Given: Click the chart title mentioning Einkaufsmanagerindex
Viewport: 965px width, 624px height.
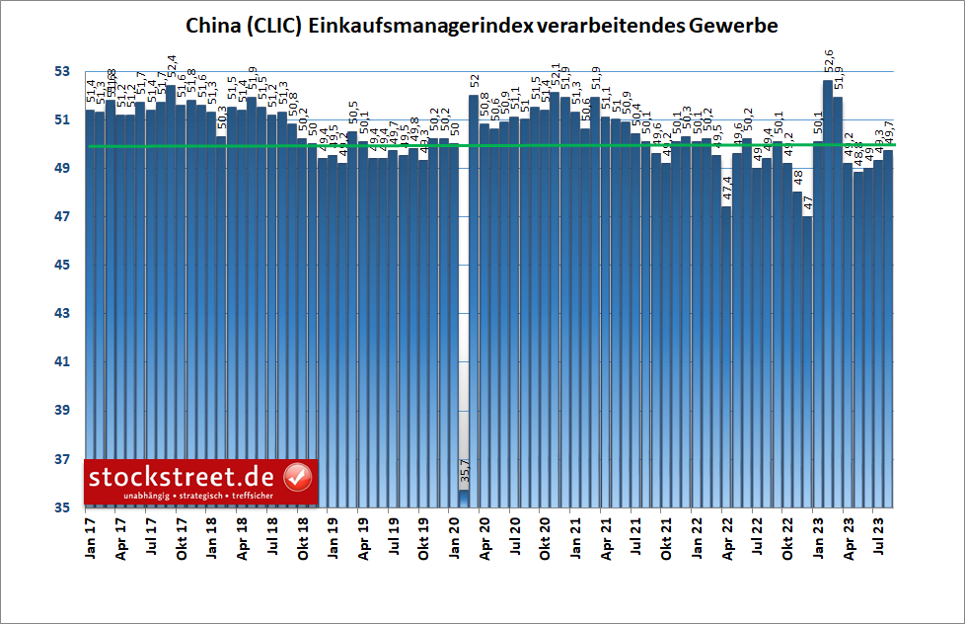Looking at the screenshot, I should click(482, 27).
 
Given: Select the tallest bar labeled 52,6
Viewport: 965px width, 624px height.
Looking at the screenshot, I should click(828, 296).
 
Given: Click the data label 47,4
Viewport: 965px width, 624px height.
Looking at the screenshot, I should click(726, 191).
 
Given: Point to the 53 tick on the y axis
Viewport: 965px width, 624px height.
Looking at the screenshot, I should click(61, 72).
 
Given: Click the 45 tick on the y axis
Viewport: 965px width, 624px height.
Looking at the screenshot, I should click(61, 266).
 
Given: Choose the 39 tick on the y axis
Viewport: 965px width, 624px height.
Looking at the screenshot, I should click(61, 411).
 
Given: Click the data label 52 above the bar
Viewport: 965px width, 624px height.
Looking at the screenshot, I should click(474, 81).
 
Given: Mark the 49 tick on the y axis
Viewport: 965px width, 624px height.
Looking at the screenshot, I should click(61, 169).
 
